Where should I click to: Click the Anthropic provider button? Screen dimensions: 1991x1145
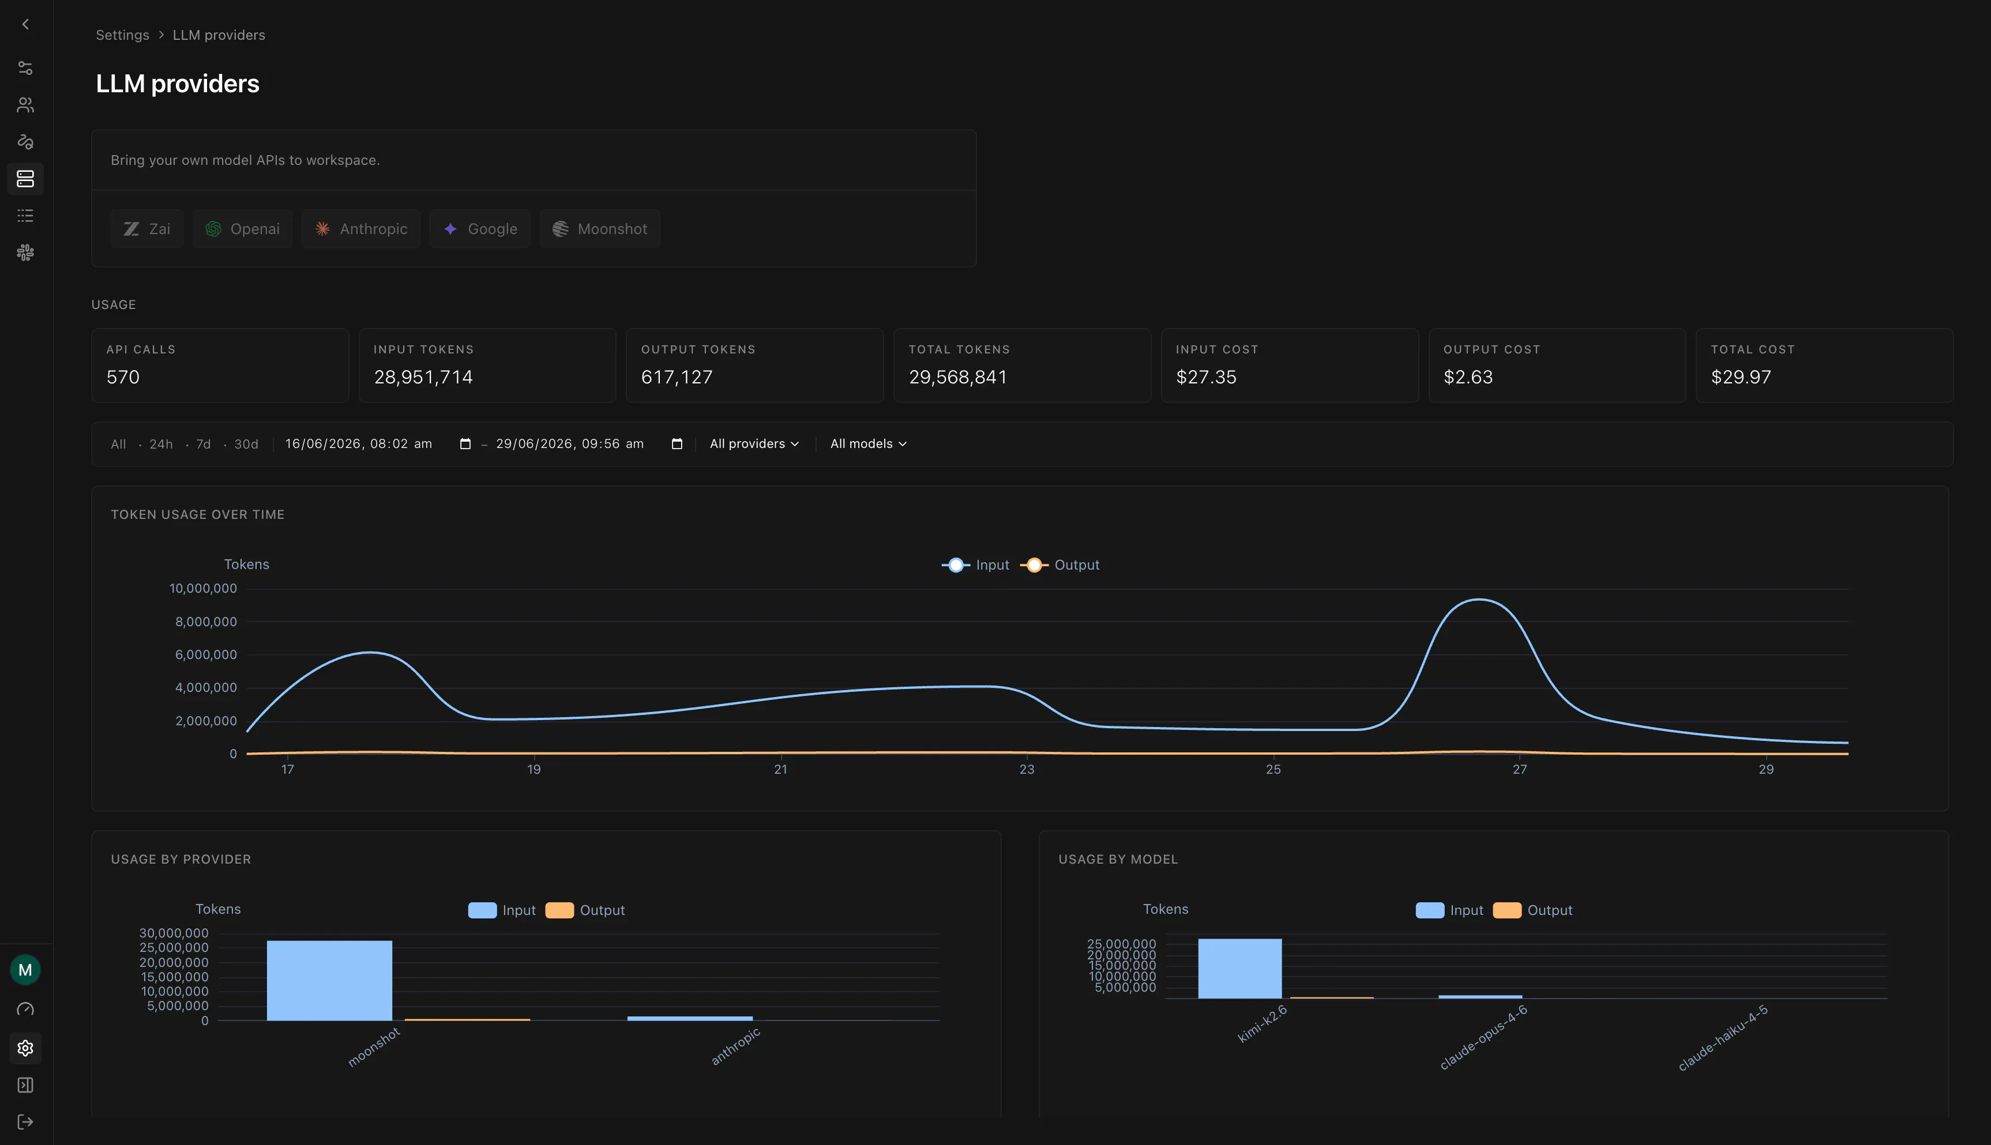point(361,229)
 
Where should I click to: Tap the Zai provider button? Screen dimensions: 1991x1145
point(147,229)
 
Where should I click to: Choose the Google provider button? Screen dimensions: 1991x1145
point(480,229)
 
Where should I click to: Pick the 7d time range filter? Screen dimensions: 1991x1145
point(204,445)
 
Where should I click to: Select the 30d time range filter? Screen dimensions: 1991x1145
point(246,445)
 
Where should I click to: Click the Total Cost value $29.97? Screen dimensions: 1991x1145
point(1741,378)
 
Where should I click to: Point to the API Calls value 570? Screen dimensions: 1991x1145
point(123,378)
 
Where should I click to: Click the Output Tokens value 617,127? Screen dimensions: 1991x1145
point(677,378)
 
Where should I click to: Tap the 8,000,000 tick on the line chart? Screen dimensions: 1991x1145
point(206,622)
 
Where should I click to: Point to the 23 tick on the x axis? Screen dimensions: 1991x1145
point(1027,769)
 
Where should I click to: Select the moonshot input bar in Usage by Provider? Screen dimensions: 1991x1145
point(329,981)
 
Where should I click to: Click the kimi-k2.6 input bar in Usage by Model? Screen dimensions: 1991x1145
point(1239,969)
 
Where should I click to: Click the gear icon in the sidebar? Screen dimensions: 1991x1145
point(25,1048)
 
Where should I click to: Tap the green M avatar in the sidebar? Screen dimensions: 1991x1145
point(25,970)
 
